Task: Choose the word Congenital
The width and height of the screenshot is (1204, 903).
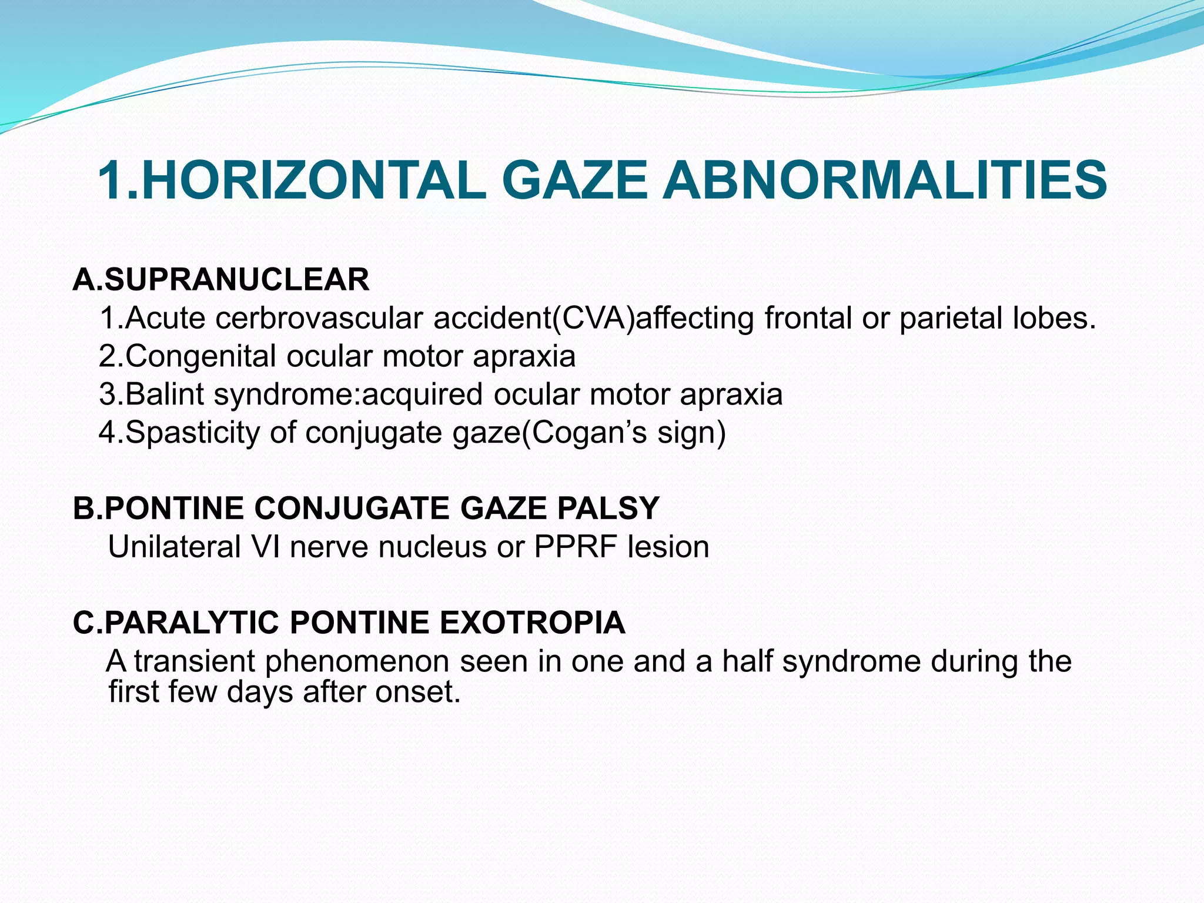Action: (200, 356)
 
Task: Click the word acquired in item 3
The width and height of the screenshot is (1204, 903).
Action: (422, 394)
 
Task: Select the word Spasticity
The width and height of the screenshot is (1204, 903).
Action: (192, 433)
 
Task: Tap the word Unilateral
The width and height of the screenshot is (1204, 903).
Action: (175, 547)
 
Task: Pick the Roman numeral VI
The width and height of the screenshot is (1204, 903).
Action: (264, 547)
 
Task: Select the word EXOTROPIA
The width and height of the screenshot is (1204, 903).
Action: (532, 623)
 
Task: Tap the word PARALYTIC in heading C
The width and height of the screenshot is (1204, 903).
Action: (190, 623)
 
